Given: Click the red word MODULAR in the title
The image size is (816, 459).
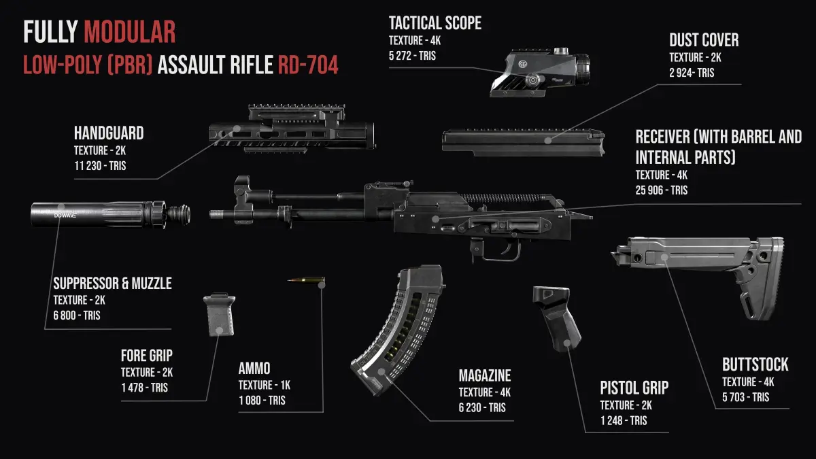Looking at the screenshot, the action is click(130, 32).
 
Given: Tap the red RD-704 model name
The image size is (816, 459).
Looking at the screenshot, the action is click(308, 65).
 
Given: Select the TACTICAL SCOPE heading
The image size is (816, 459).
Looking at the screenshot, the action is click(435, 23).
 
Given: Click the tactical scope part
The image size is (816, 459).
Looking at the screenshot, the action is click(540, 72).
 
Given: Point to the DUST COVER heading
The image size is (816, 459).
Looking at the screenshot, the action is click(704, 40).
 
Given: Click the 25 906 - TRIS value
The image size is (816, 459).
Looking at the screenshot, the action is click(662, 190).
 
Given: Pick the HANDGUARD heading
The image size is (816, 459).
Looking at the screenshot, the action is click(109, 133).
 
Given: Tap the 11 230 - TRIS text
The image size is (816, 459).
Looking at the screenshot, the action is click(100, 166).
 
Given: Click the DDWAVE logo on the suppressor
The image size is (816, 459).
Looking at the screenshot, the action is click(65, 216).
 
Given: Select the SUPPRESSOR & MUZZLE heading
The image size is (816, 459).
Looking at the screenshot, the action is click(113, 284).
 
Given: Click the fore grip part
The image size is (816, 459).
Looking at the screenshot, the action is click(219, 315).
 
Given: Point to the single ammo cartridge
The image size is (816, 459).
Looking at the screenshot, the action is click(306, 280).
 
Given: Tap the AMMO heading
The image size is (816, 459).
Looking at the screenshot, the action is click(254, 369).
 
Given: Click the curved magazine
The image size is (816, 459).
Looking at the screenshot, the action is click(398, 330).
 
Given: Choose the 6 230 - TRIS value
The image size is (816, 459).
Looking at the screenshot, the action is click(482, 407).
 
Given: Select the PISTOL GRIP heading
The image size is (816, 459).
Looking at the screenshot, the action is click(634, 388).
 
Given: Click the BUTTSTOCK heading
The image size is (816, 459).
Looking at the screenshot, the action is click(755, 364).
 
